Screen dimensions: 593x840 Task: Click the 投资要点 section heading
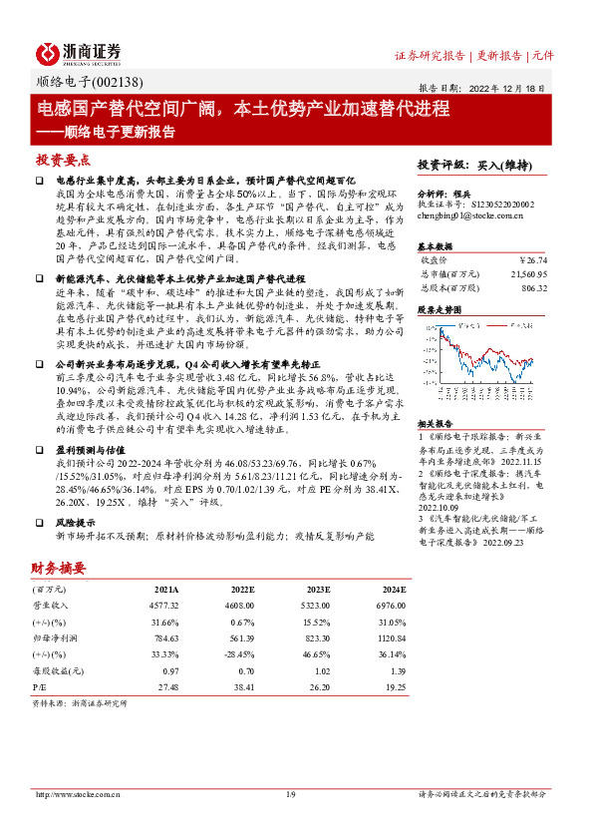tap(63, 160)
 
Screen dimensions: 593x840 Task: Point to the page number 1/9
tap(291, 794)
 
